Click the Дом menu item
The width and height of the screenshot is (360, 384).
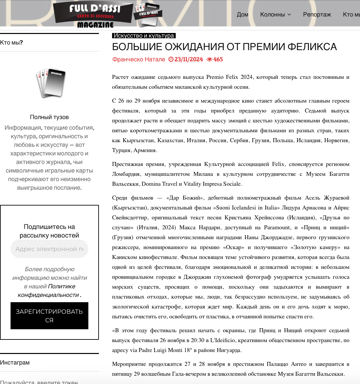[242, 15]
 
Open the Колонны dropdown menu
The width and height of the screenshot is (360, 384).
[276, 15]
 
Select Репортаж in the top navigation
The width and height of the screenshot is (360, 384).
[317, 15]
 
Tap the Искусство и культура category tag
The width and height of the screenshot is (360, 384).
[144, 36]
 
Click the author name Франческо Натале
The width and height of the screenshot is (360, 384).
[138, 59]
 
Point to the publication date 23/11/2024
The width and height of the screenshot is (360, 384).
[189, 59]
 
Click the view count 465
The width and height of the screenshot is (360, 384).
[218, 59]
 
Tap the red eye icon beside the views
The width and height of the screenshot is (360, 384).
[209, 59]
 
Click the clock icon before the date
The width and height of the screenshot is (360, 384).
[171, 59]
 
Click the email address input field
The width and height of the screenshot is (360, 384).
[49, 249]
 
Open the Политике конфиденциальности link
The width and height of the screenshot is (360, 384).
[49, 291]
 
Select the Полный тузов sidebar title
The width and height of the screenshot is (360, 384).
[49, 117]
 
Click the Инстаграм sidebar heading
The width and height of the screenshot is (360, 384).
[15, 363]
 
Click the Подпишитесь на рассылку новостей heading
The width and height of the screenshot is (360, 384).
[49, 231]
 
